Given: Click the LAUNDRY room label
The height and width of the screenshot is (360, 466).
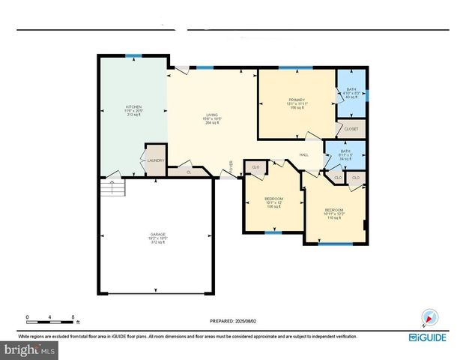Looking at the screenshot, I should (155, 160).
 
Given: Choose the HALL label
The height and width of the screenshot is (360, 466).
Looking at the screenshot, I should (304, 154).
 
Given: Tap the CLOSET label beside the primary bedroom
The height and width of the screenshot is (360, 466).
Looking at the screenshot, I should (351, 129).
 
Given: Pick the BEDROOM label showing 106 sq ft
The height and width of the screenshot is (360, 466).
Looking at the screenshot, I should (272, 202).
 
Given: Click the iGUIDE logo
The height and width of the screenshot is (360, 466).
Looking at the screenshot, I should (429, 337).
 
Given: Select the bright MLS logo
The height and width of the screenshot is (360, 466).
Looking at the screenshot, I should (29, 350).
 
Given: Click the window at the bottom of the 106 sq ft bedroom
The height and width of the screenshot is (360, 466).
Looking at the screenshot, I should (274, 232).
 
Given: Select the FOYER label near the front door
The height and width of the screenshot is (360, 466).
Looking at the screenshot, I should (232, 165).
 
